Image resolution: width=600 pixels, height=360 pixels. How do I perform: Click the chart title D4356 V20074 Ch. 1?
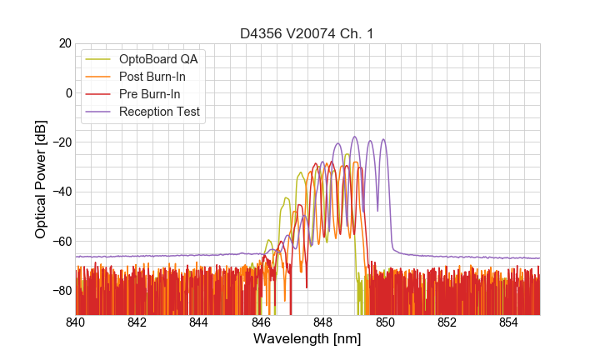pos(307,33)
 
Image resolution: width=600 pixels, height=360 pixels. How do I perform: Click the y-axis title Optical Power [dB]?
pos(41,179)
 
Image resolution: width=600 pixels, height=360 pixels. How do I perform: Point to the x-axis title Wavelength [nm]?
pos(307,339)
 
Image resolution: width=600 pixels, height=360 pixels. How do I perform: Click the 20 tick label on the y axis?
pos(64,43)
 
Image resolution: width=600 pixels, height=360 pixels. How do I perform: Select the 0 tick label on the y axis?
pos(67,92)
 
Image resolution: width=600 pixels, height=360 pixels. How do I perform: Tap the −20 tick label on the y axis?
pos(61,142)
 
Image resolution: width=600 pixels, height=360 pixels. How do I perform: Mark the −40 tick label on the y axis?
pos(61,192)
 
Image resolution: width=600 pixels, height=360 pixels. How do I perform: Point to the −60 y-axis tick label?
pos(61,241)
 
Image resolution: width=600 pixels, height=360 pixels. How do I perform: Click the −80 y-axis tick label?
pos(61,290)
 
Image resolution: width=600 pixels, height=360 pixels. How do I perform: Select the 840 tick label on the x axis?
pos(76,322)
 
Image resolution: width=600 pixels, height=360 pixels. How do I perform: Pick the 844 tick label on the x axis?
pos(199,322)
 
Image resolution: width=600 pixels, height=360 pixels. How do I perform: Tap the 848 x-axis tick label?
pos(323,322)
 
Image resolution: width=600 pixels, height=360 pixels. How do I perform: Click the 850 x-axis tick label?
pos(385,322)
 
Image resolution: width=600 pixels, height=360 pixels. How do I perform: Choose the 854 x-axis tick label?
pos(509,322)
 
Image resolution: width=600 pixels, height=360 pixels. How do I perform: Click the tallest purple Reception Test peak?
pos(354,137)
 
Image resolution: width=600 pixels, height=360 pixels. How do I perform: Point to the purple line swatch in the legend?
pos(99,112)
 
